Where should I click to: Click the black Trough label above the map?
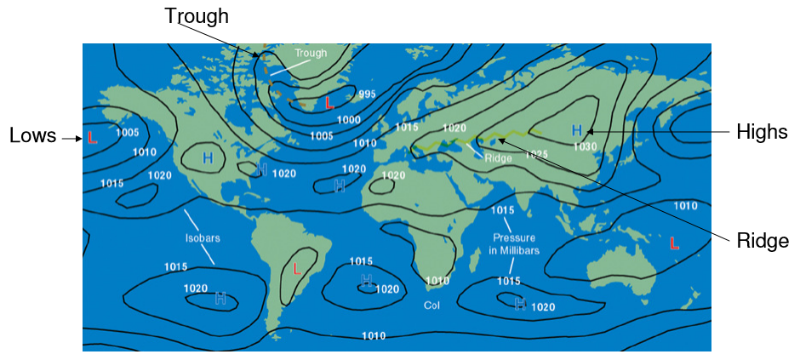point(197,15)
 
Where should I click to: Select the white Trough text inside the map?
point(311,53)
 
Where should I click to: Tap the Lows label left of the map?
point(33,135)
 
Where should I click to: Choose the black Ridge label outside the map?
point(763,241)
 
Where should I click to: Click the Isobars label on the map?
point(203,238)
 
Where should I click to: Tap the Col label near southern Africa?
point(432,304)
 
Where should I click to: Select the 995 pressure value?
point(367,94)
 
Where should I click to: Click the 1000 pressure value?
point(349,120)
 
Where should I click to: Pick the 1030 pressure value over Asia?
point(585,146)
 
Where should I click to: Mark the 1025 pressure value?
point(537,155)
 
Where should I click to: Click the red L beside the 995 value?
point(329,103)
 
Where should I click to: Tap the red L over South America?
point(297,269)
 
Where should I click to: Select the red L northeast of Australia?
point(675,243)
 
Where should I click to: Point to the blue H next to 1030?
point(577,130)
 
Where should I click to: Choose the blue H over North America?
point(208,158)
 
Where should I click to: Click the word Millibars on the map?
point(513,251)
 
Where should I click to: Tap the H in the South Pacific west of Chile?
point(220,298)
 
